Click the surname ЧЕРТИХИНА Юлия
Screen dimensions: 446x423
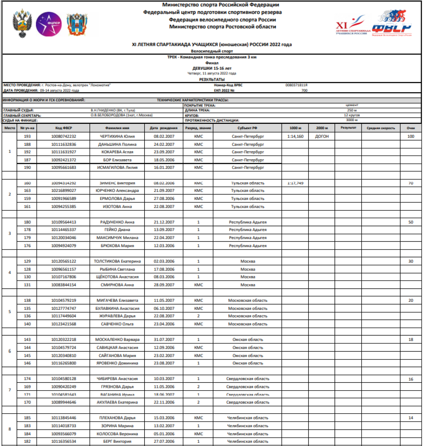click(x=117, y=136)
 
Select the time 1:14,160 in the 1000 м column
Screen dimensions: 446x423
click(x=295, y=136)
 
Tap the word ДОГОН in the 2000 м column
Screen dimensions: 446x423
click(x=322, y=136)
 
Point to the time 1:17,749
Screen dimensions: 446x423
click(x=295, y=183)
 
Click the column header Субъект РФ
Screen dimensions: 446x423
click(x=247, y=128)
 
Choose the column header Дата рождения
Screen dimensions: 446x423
click(x=164, y=128)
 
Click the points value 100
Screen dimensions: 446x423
click(x=411, y=136)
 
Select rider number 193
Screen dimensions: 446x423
click(x=27, y=136)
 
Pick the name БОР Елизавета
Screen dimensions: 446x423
click(x=117, y=160)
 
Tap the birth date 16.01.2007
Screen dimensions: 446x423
click(x=164, y=168)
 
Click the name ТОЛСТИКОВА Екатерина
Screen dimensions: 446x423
click(x=117, y=261)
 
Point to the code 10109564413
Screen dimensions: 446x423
click(x=64, y=222)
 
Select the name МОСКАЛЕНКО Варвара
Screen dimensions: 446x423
click(x=117, y=340)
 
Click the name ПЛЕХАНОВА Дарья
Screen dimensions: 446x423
click(x=117, y=418)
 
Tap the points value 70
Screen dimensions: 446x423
click(x=411, y=183)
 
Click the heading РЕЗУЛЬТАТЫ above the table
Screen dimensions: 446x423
click(x=212, y=80)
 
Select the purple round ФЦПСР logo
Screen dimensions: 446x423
click(x=49, y=24)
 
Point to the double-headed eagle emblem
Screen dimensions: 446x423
click(x=22, y=24)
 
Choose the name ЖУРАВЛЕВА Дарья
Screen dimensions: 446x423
click(x=117, y=316)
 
